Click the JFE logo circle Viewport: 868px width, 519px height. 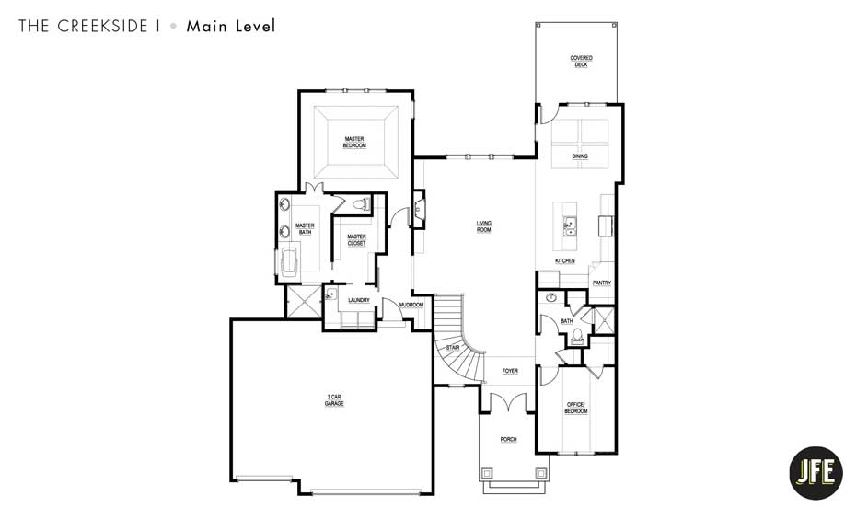(816, 472)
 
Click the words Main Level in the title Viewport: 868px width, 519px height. (230, 26)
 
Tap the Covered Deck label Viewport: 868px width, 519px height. (581, 62)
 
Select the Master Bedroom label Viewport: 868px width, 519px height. (355, 143)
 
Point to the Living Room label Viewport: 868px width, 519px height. (483, 226)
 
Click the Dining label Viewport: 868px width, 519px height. (579, 156)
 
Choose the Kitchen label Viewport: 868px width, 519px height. (565, 261)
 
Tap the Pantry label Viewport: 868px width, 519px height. (602, 283)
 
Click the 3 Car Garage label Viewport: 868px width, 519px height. (333, 400)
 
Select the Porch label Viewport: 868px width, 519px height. (509, 440)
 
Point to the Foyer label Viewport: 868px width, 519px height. (509, 371)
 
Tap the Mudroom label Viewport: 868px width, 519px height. (411, 305)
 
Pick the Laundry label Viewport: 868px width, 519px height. (358, 300)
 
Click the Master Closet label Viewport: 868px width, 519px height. (356, 240)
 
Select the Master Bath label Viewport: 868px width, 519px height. (305, 229)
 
